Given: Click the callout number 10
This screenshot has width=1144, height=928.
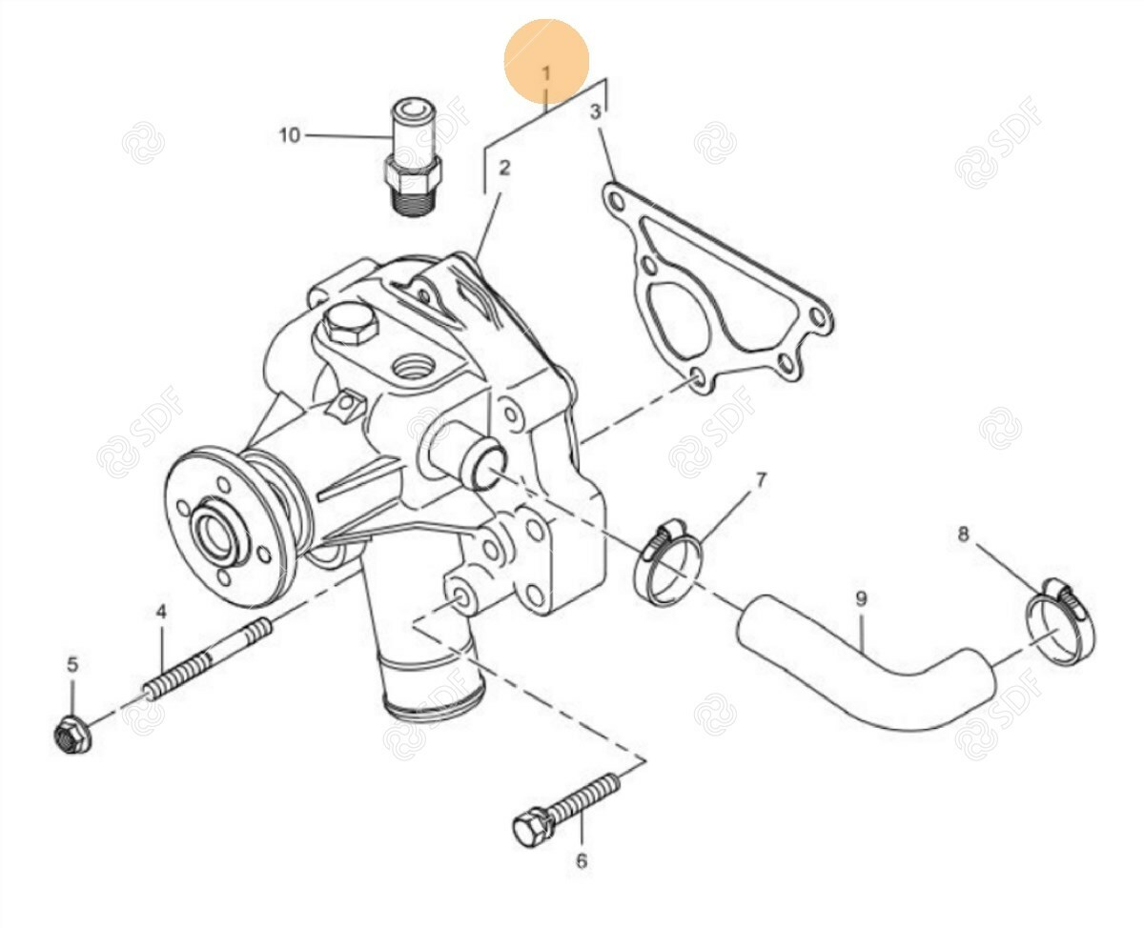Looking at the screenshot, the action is pyautogui.click(x=290, y=135).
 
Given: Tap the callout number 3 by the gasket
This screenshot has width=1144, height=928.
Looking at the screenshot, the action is pyautogui.click(x=595, y=112).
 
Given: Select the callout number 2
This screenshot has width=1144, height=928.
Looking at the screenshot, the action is pyautogui.click(x=503, y=168).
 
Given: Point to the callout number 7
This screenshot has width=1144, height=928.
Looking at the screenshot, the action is pyautogui.click(x=761, y=480).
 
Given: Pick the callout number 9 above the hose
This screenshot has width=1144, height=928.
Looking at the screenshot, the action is pyautogui.click(x=862, y=598).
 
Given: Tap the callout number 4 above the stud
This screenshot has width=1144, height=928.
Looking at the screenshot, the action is pyautogui.click(x=161, y=612).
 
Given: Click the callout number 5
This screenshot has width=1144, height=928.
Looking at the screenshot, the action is pyautogui.click(x=72, y=664).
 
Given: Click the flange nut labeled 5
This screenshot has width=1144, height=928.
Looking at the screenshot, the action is pyautogui.click(x=73, y=734).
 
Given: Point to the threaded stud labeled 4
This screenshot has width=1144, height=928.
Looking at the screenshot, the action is pyautogui.click(x=207, y=658).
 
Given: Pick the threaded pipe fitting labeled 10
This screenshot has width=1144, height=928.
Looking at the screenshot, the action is pyautogui.click(x=414, y=156).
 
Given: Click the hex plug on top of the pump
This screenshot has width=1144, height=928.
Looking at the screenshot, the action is pyautogui.click(x=352, y=324).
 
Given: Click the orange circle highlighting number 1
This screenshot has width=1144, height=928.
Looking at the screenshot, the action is pyautogui.click(x=546, y=60).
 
